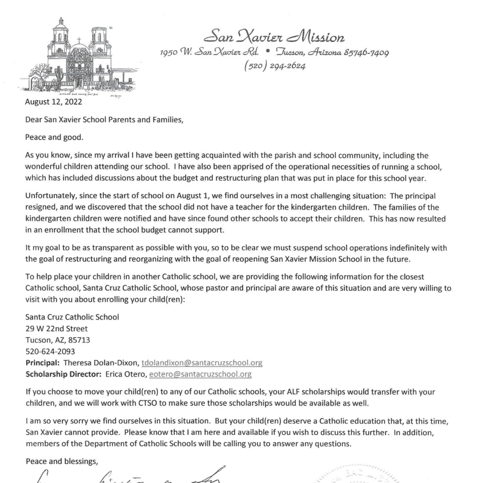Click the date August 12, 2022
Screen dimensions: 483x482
point(54,102)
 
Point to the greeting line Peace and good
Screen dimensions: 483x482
point(54,137)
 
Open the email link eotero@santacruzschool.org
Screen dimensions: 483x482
point(200,374)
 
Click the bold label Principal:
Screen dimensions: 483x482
point(43,363)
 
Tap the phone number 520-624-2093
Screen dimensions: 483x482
point(50,351)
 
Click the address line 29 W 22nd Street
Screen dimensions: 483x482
point(56,328)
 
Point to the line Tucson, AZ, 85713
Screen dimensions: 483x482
point(57,340)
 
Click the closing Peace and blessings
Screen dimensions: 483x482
point(61,461)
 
